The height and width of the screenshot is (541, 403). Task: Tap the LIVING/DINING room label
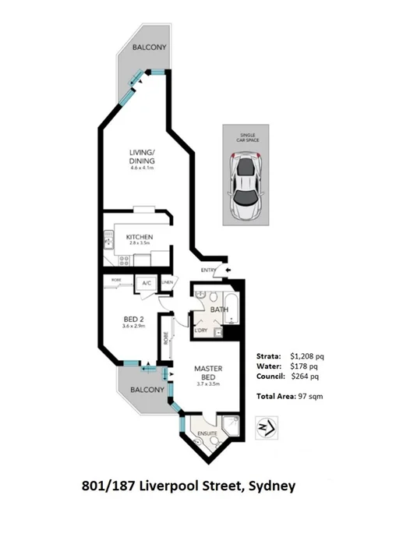[142, 157]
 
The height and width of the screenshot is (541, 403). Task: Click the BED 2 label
[134, 320]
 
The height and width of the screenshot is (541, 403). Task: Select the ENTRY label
[208, 270]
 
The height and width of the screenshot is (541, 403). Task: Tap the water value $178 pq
[304, 366]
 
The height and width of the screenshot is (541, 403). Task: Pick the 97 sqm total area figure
[309, 397]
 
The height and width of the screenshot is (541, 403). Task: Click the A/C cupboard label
[146, 283]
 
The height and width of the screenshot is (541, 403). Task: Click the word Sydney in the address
[271, 486]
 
